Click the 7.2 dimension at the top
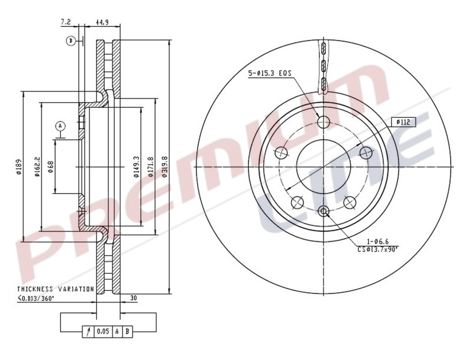pos(65,22)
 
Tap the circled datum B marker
pos(71,41)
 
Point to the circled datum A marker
pos(61,126)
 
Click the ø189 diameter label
pos(18,167)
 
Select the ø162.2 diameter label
pos(37,167)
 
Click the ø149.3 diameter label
pos(137,167)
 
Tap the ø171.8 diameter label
pos(151,167)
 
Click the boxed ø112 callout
pos(402,122)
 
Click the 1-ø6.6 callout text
pos(379,241)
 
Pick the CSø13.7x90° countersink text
pos(378,249)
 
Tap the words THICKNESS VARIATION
pos(55,289)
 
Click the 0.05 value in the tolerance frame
pos(103,332)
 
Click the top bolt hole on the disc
pos(323,122)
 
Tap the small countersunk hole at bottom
pos(323,210)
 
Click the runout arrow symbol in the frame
pos(88,332)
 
